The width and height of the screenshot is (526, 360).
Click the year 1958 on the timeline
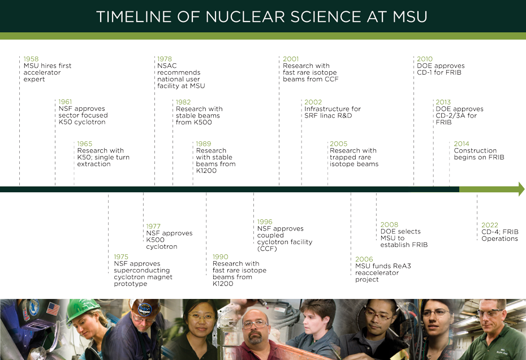tap(31, 59)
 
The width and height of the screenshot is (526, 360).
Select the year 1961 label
tap(65, 102)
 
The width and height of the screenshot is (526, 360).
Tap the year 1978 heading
tap(165, 59)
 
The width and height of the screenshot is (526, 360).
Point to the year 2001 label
tap(291, 59)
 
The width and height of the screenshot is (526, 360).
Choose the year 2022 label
tap(490, 225)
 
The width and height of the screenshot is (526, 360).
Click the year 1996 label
tap(265, 222)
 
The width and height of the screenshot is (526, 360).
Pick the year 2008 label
tap(389, 225)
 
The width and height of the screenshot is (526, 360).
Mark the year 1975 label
tap(121, 257)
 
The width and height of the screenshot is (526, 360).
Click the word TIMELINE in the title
tap(134, 17)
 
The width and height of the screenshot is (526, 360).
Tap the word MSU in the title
tap(410, 17)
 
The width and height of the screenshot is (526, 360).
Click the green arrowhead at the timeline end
tap(521, 189)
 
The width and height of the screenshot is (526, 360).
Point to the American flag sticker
tap(53, 309)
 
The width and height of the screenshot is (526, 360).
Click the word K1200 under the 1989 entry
tap(206, 171)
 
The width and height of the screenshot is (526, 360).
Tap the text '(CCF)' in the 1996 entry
tap(267, 249)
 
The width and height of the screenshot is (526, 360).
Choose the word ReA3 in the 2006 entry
tap(402, 266)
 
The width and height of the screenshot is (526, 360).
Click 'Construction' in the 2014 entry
tap(475, 150)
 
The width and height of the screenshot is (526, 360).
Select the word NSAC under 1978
tap(167, 66)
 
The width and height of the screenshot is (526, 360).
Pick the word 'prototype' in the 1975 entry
tap(131, 284)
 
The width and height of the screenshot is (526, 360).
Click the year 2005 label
tap(338, 144)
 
